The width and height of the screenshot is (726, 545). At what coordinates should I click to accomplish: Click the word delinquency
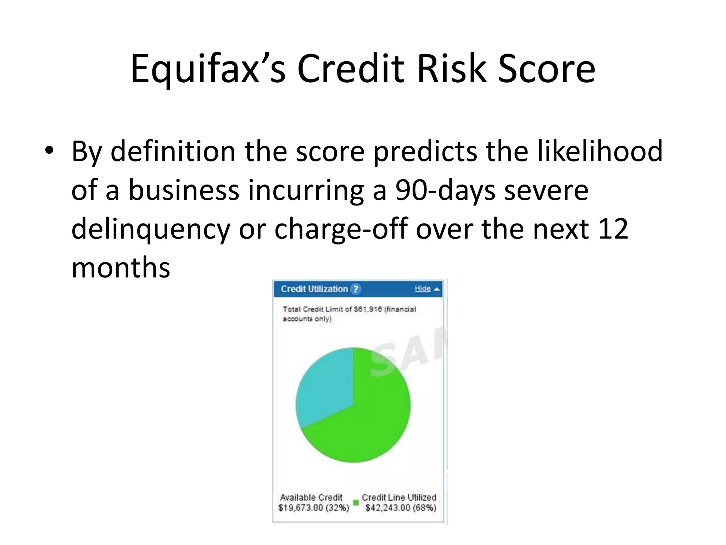(151, 229)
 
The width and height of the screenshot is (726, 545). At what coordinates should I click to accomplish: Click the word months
(121, 268)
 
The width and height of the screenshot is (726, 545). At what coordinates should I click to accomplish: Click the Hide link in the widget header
(423, 288)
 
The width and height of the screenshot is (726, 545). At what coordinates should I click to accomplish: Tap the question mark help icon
(356, 289)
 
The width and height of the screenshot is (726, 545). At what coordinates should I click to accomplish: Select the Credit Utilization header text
(314, 289)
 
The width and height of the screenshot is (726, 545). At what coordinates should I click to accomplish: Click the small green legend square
(356, 502)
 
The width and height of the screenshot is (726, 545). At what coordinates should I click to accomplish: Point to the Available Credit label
(311, 497)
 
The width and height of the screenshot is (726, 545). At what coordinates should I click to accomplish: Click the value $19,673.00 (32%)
(314, 508)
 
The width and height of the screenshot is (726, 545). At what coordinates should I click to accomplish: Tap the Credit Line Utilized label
(399, 497)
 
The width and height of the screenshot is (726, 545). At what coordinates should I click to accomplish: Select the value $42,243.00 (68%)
(401, 508)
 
